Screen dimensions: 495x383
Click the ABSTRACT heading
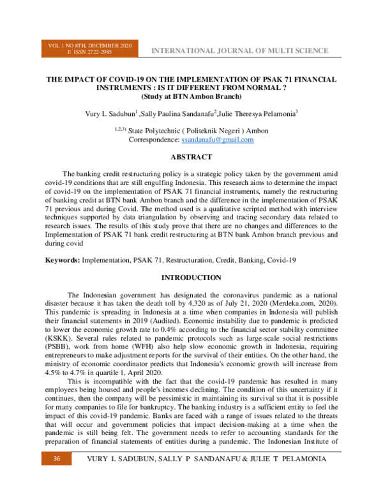pos(191,157)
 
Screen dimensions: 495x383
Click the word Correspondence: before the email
pos(154,140)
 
